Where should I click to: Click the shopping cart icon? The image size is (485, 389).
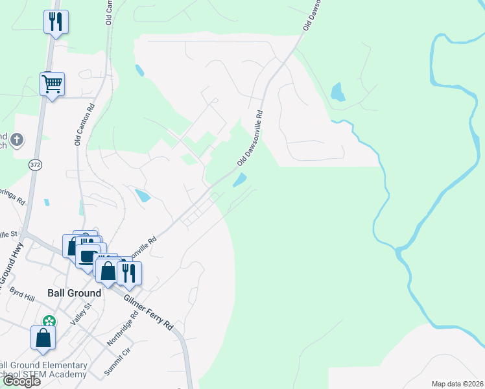click(x=52, y=84)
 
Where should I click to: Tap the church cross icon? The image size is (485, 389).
click(x=17, y=139)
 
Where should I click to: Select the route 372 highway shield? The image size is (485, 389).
click(x=35, y=165)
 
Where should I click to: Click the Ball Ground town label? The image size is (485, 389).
click(x=75, y=293)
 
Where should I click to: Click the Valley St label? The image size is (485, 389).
click(x=79, y=317)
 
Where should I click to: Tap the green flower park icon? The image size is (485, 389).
click(x=49, y=321)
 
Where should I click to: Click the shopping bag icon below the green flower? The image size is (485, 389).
click(x=43, y=338)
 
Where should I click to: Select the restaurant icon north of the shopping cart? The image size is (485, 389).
click(x=56, y=22)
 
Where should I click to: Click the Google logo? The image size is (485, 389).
click(x=21, y=381)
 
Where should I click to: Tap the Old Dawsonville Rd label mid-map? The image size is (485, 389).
click(x=251, y=137)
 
